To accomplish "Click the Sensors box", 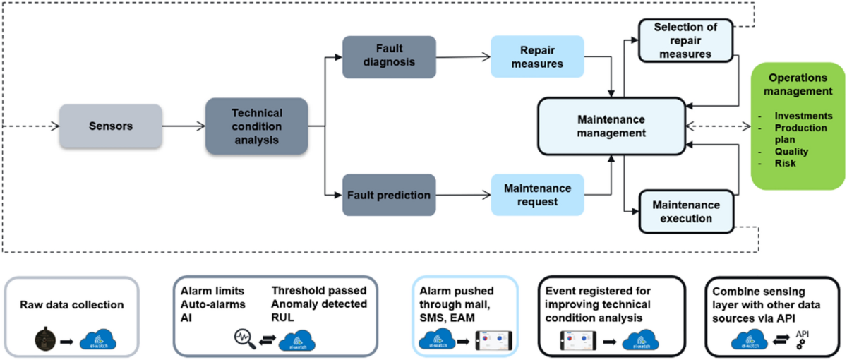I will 111,126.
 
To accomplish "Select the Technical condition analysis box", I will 256,126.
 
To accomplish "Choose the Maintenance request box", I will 537,194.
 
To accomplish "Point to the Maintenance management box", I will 611,126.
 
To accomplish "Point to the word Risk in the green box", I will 786,164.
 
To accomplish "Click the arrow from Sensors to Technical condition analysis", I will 184,126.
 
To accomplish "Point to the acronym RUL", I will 283,318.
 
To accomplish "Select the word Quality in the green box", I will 791,151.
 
